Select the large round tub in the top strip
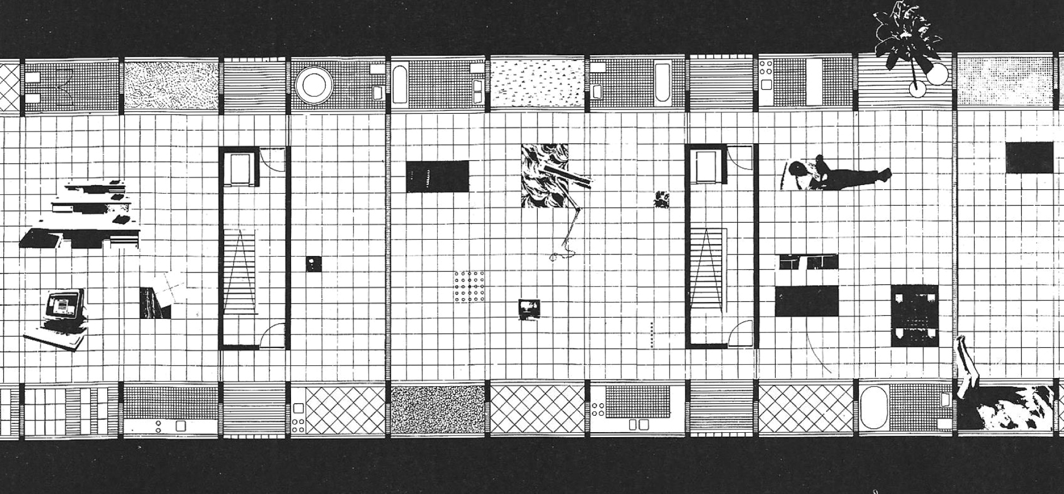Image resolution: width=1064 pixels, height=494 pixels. [x=314, y=85]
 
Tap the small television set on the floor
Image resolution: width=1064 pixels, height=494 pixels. [x=529, y=308]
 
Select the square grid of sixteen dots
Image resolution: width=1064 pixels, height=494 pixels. [x=469, y=287]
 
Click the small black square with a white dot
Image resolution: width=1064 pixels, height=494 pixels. [x=313, y=264]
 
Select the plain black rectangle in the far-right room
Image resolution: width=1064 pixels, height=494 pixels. [x=1029, y=157]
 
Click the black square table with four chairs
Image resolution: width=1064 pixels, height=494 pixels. [x=915, y=316]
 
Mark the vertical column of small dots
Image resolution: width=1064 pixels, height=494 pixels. [x=652, y=335]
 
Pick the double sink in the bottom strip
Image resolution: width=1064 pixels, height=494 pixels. [x=638, y=425]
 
